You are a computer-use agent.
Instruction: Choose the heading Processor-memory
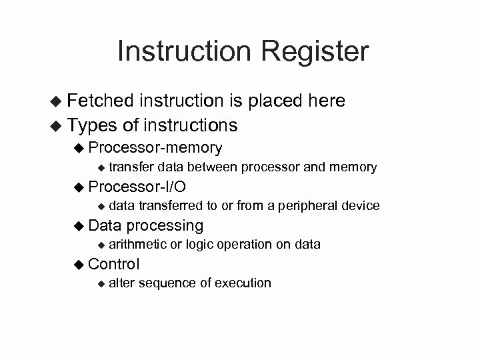(155, 147)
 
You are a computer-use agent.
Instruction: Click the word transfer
(131, 167)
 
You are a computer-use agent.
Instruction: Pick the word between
(213, 167)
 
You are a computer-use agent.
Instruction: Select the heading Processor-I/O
(137, 185)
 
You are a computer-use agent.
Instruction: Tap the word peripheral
(309, 205)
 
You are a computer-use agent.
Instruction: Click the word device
(361, 205)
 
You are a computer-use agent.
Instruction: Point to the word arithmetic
(137, 245)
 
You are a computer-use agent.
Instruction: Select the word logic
(200, 245)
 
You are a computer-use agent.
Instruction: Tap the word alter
(120, 283)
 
